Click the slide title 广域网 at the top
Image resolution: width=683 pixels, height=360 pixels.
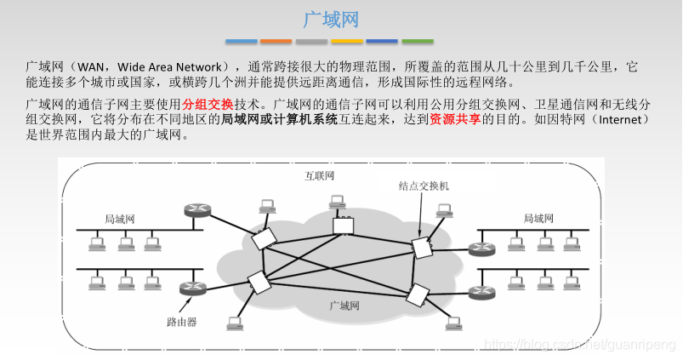pyautogui.click(x=331, y=19)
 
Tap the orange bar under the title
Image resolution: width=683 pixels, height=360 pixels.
pyautogui.click(x=276, y=41)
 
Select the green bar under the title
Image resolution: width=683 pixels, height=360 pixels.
pyautogui.click(x=418, y=41)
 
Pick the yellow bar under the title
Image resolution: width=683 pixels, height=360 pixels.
pyautogui.click(x=346, y=41)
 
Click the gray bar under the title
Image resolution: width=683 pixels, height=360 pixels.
pyautogui.click(x=311, y=41)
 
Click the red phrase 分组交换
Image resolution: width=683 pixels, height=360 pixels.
pyautogui.click(x=207, y=104)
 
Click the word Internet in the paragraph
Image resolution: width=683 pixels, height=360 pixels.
pyautogui.click(x=623, y=120)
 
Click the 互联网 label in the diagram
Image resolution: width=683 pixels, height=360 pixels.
pyautogui.click(x=319, y=175)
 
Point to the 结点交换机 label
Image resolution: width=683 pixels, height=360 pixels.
pyautogui.click(x=423, y=185)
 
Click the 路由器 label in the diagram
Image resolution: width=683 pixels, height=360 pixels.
pyautogui.click(x=181, y=323)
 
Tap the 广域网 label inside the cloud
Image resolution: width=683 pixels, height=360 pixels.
pyautogui.click(x=345, y=304)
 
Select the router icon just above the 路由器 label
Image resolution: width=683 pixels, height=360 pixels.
pyautogui.click(x=188, y=289)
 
